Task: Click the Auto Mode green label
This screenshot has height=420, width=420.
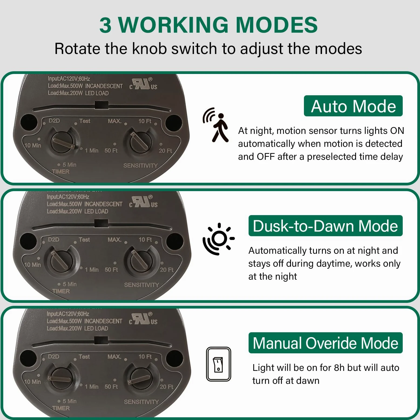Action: (353, 106)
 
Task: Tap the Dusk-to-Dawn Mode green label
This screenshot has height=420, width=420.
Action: (326, 226)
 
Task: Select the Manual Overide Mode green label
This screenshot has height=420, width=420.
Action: (326, 343)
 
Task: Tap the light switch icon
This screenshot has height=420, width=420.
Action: (218, 364)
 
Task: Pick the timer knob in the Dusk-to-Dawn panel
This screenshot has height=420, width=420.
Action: (62, 261)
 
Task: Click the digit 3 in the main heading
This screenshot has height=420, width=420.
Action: (106, 25)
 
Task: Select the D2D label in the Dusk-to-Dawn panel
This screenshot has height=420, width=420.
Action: (54, 239)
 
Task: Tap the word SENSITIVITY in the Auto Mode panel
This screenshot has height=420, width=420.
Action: (141, 165)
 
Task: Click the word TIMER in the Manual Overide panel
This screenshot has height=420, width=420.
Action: (61, 408)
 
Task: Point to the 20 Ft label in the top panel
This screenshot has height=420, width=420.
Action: (165, 151)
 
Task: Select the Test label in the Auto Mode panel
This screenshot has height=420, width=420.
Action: (85, 121)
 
